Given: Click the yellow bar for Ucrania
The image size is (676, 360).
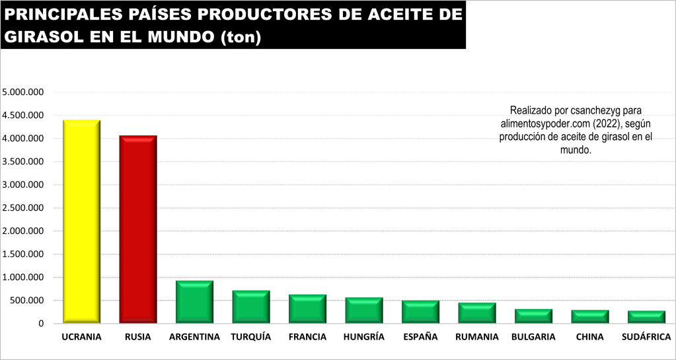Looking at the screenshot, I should click(81, 221).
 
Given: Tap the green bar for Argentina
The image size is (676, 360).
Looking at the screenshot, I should click(194, 303).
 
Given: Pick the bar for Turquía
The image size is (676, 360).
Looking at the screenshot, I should click(251, 307).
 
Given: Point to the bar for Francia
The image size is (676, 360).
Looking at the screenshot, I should click(307, 309).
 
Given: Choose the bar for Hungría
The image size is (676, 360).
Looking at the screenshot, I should click(364, 310).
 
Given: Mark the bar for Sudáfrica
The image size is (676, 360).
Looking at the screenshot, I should click(646, 317).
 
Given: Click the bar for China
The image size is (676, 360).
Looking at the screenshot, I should click(590, 317).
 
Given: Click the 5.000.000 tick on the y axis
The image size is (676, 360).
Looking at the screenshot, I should click(23, 92).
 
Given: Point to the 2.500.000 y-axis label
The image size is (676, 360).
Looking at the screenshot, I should click(23, 208).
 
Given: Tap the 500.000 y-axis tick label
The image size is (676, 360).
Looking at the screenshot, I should click(26, 301).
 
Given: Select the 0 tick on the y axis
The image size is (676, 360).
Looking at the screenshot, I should click(40, 324).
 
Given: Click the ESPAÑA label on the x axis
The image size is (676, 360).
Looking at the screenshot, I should click(420, 337).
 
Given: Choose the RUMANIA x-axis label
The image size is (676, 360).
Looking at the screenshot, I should click(476, 337).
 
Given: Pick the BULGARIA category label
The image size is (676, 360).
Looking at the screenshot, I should click(533, 337).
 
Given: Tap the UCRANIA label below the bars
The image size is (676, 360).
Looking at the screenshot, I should click(81, 337).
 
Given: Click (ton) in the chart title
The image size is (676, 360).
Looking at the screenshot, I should click(240, 38).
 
